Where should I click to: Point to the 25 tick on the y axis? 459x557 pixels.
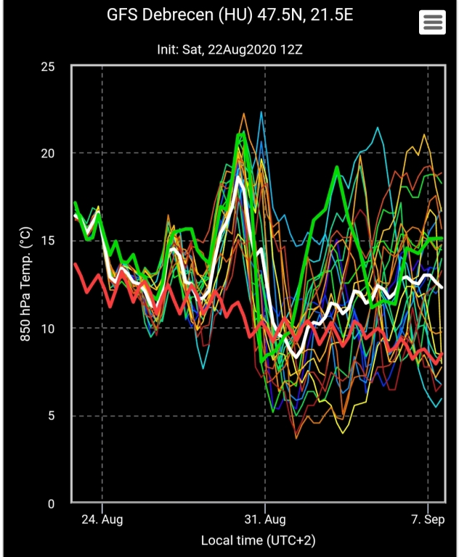(x=48, y=66)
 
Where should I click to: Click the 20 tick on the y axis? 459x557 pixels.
(x=48, y=153)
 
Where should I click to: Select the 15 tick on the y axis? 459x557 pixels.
(x=48, y=241)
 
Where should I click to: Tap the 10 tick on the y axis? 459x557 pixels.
(x=48, y=329)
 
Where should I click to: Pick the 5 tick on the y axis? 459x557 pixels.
(x=52, y=416)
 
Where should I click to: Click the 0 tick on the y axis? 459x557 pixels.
(x=52, y=503)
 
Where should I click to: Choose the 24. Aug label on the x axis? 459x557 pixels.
(x=102, y=519)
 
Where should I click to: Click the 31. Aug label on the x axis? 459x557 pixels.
(x=265, y=519)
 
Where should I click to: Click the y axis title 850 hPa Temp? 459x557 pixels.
(x=25, y=284)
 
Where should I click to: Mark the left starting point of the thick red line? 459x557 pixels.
(x=75, y=264)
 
